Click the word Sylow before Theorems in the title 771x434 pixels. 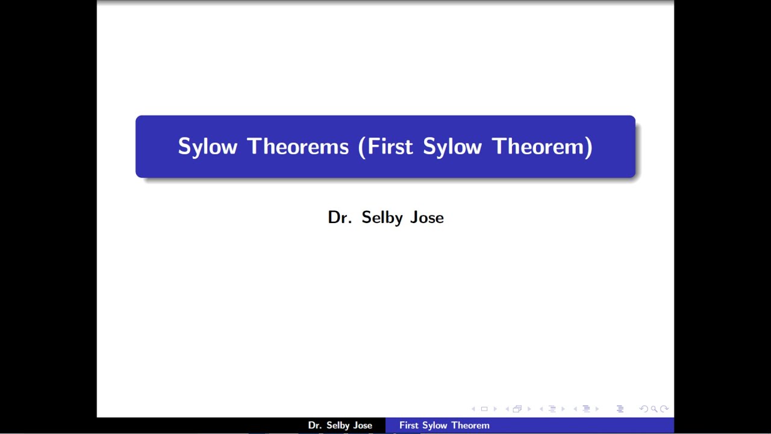(x=207, y=146)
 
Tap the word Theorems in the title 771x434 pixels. (x=298, y=146)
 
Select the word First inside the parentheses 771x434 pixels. (x=390, y=146)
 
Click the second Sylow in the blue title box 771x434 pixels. (x=452, y=146)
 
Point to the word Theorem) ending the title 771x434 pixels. (x=542, y=146)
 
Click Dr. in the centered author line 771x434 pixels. (x=339, y=217)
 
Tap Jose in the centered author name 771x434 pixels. (x=427, y=217)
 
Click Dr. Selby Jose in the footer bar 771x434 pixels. (x=340, y=426)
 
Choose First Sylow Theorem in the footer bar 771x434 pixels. (x=444, y=426)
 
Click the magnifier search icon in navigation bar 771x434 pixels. (x=654, y=409)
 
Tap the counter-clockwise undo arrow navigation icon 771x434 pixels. (x=643, y=409)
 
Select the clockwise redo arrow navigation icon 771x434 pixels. (x=664, y=409)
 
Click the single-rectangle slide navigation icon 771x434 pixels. (x=484, y=409)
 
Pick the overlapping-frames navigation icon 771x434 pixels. (x=517, y=409)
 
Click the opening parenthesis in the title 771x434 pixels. (x=362, y=146)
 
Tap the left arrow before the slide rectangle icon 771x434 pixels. (x=473, y=409)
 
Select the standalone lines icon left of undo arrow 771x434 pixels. (x=620, y=409)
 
